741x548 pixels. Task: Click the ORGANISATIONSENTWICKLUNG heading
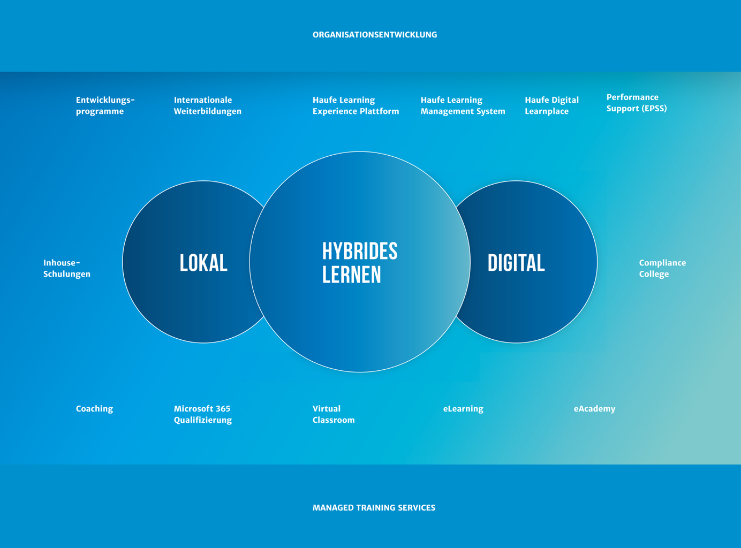(374, 35)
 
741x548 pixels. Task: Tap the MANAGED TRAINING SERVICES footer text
(374, 507)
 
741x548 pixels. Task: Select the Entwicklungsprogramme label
(105, 105)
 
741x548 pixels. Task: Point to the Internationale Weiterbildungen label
(207, 105)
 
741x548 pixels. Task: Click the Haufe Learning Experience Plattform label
(356, 105)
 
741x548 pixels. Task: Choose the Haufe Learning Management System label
(463, 105)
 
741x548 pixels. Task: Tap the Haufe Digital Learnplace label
(551, 105)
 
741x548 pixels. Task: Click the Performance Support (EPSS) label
(637, 103)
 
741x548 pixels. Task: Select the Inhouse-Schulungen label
(67, 268)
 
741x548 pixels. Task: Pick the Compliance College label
(662, 268)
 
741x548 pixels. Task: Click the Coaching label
(95, 409)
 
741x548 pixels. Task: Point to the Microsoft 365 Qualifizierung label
(203, 414)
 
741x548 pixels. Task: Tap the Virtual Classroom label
(334, 414)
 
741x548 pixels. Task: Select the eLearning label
(463, 409)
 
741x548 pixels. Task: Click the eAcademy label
(594, 409)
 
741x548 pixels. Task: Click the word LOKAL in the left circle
(203, 263)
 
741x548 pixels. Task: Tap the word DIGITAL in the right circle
(516, 263)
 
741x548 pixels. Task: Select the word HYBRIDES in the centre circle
(360, 251)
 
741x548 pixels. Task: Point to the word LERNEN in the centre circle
(351, 275)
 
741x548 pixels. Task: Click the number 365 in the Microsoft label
(223, 409)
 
